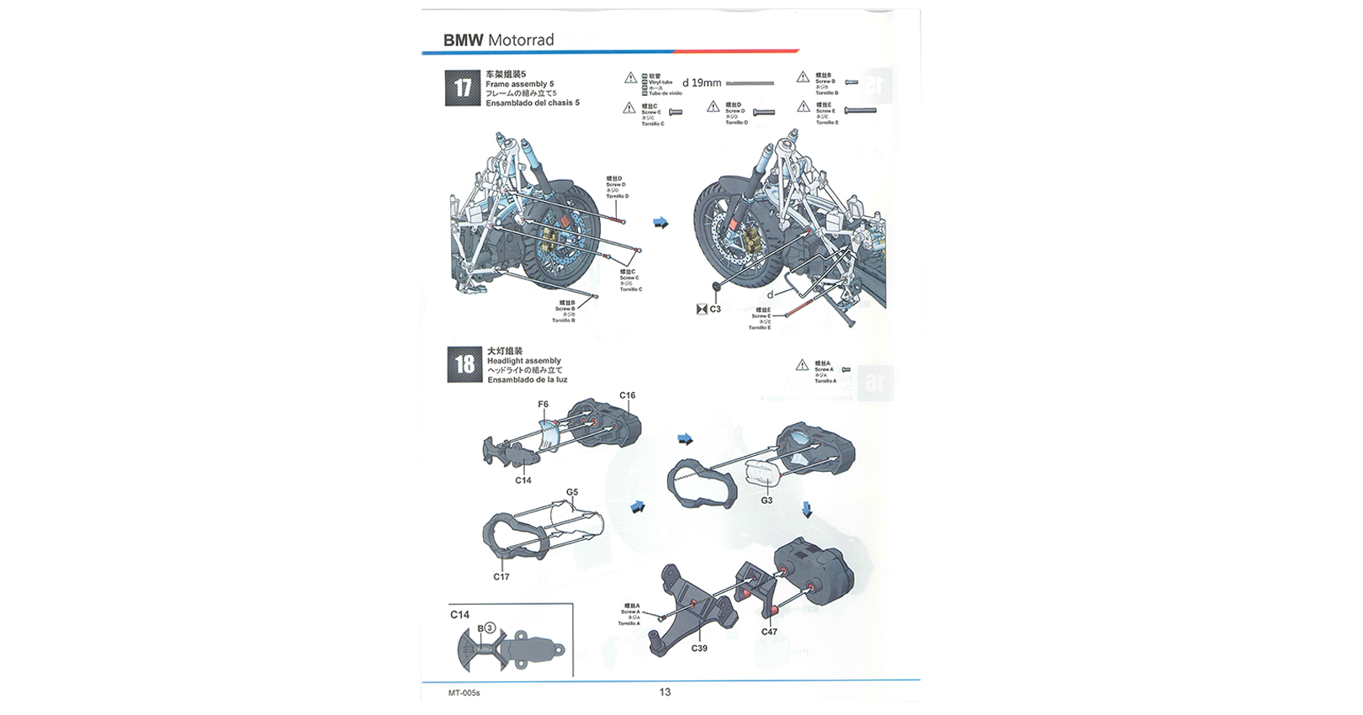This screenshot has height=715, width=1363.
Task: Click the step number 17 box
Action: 463,87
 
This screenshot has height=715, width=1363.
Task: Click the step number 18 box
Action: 464,364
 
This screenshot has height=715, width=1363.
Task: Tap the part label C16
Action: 628,395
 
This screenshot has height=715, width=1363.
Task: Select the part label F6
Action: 544,405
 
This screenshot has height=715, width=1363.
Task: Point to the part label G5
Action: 572,492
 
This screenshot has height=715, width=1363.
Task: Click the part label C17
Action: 501,577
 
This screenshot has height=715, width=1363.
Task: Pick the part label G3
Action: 766,500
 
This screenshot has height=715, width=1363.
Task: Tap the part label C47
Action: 769,632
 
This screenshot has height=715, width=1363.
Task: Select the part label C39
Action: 699,649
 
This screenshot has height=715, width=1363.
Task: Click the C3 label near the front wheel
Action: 715,310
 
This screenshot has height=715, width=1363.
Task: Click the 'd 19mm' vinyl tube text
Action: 702,83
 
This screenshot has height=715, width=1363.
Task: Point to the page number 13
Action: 665,692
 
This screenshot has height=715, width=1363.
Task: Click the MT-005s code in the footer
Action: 464,693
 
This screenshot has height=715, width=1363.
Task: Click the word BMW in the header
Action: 463,40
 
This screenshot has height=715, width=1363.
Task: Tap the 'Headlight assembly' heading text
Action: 524,361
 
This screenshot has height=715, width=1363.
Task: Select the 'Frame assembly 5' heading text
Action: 520,84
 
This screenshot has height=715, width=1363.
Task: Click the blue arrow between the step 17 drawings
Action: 661,223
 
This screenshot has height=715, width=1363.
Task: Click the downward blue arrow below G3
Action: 807,510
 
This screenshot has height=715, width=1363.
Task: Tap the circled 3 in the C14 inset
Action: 490,628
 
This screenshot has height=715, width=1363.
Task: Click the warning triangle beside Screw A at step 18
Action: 802,365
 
